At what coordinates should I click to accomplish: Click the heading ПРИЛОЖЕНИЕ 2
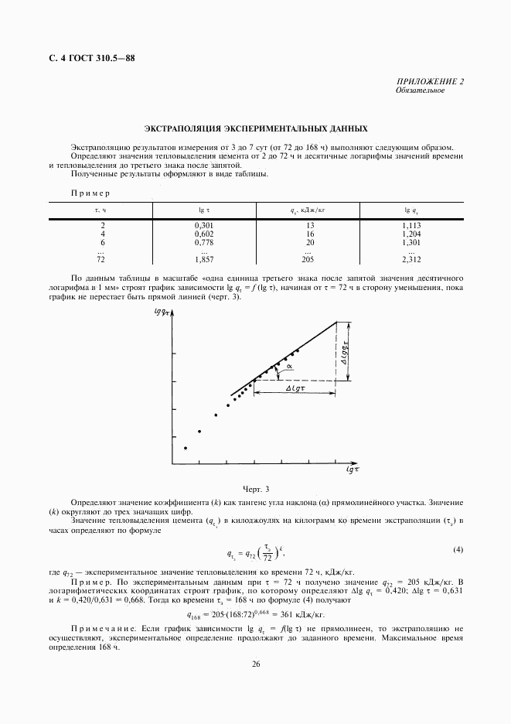[431, 82]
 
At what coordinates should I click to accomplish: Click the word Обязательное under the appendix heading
[420, 90]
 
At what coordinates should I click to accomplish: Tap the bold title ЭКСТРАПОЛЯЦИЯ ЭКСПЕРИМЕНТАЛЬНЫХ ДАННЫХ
[255, 129]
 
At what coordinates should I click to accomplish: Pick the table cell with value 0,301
[203, 224]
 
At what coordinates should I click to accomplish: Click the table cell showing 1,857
[203, 260]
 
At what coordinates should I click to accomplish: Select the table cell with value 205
[308, 260]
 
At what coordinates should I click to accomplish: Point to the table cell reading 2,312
[411, 260]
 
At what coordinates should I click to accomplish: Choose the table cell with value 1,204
[411, 233]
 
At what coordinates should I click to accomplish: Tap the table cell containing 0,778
[203, 241]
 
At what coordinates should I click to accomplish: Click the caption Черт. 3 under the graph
[255, 489]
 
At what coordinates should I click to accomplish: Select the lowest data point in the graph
[186, 448]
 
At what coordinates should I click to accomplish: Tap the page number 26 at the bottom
[255, 664]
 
